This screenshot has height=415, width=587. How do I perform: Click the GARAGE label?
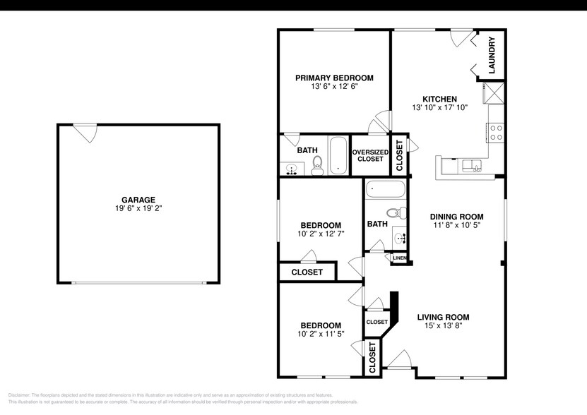tap(138, 200)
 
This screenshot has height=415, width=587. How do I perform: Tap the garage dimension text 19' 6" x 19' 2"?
tap(138, 209)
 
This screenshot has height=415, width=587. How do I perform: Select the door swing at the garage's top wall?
tap(85, 132)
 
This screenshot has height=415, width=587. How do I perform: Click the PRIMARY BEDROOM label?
tap(334, 78)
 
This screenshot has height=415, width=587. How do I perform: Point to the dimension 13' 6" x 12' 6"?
tap(334, 87)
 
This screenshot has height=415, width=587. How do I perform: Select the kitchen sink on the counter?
tap(471, 166)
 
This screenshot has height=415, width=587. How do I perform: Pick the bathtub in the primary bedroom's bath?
tap(338, 155)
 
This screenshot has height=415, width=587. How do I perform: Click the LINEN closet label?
tap(399, 258)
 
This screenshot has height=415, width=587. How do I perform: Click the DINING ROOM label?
tap(457, 217)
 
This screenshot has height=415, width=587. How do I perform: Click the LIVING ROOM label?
tap(443, 317)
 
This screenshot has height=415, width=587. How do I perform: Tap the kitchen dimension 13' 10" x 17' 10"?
tap(439, 108)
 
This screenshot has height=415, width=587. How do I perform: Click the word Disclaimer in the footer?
tap(20, 395)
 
